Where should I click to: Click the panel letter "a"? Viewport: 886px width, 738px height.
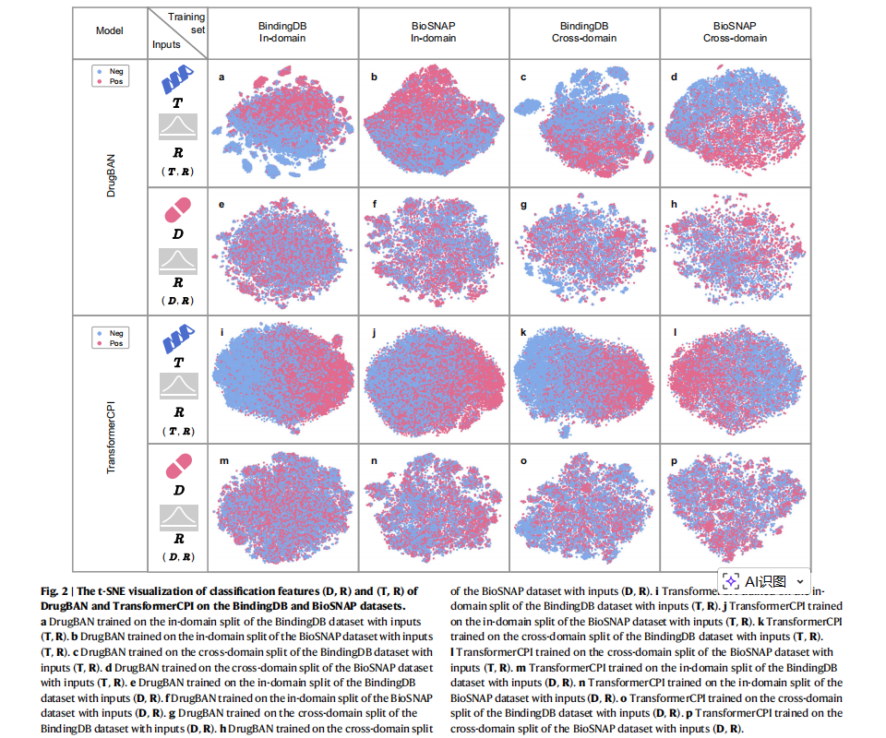[x=221, y=77]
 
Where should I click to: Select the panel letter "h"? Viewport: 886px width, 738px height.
[x=676, y=204]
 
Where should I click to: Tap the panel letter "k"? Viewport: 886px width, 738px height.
[x=523, y=331]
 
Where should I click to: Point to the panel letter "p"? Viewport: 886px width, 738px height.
[x=676, y=459]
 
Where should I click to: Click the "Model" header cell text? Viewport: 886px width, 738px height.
[x=109, y=30]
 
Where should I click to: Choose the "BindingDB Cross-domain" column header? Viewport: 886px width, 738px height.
[x=583, y=32]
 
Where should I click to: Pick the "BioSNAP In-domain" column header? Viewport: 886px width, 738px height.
[x=434, y=32]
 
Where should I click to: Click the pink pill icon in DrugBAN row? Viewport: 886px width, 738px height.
[x=178, y=210]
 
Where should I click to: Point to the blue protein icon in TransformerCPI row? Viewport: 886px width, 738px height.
[x=178, y=340]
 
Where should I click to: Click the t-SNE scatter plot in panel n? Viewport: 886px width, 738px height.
[x=434, y=507]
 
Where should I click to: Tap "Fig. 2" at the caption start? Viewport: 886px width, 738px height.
[x=55, y=591]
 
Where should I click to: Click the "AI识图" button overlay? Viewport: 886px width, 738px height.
[x=764, y=581]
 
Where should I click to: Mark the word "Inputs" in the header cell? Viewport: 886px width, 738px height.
[x=166, y=43]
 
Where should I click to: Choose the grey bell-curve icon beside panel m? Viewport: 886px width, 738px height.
[x=178, y=518]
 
